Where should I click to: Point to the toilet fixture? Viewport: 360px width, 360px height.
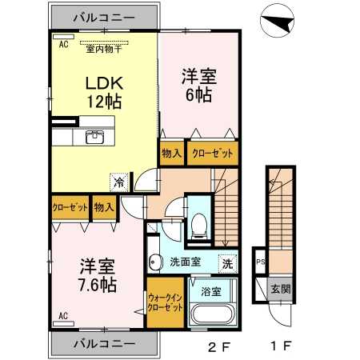pyautogui.click(x=198, y=224)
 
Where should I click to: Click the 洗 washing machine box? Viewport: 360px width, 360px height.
pyautogui.click(x=228, y=262)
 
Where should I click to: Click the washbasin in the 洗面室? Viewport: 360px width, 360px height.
pyautogui.click(x=154, y=261)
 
